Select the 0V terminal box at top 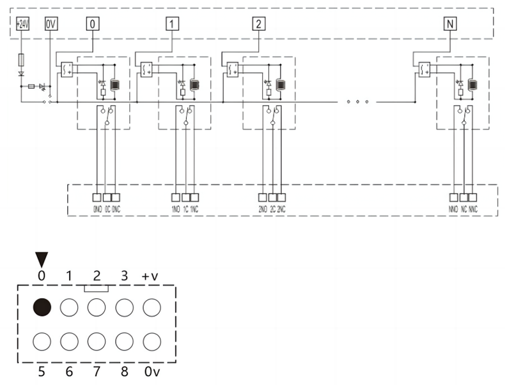[50, 24]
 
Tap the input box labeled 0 [93, 24]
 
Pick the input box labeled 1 [172, 24]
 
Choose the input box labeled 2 [258, 24]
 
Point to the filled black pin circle [42, 308]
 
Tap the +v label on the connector [151, 277]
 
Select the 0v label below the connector [151, 369]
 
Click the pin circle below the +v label [151, 308]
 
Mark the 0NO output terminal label [97, 209]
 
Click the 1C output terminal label [185, 209]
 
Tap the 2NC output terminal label [281, 209]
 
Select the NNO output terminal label [453, 209]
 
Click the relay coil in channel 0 [116, 85]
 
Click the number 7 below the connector [96, 369]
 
